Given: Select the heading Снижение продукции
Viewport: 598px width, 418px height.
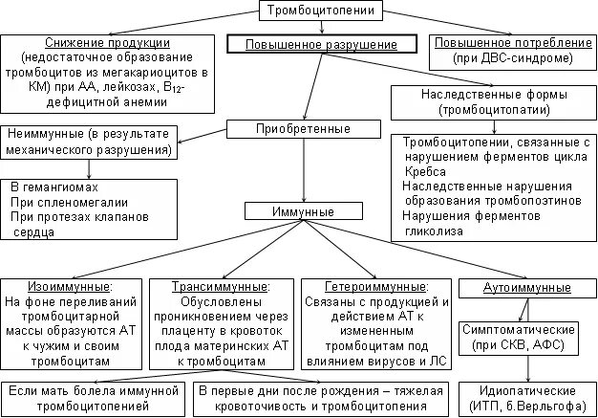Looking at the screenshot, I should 109,44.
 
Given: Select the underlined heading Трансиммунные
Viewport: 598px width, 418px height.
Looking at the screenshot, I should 220,286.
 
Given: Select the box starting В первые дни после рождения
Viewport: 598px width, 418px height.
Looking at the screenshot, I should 321,399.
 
